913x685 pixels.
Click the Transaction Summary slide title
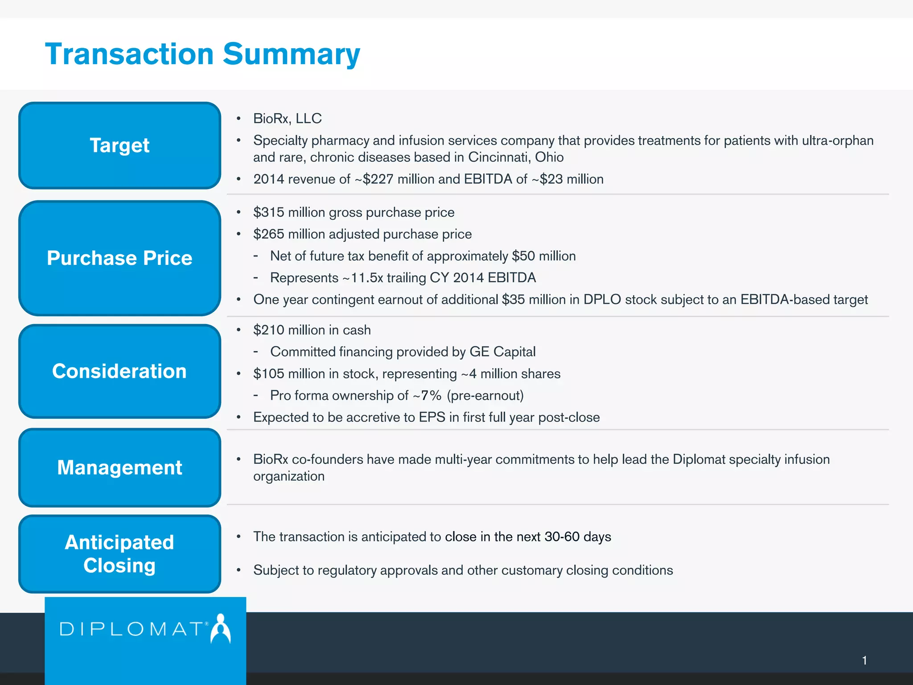202,54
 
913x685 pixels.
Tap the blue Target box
119,145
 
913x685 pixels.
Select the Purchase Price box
119,258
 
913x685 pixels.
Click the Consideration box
119,371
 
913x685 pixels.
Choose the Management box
119,467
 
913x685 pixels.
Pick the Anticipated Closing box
119,554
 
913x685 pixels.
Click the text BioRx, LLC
287,119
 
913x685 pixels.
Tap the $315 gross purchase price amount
268,212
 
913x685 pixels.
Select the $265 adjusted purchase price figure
268,234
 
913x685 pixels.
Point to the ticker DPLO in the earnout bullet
602,300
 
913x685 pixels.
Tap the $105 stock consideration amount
268,374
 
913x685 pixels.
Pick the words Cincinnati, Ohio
516,157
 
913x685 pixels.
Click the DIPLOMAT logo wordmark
132,629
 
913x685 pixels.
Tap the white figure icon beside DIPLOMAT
221,629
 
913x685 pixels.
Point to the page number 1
864,660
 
